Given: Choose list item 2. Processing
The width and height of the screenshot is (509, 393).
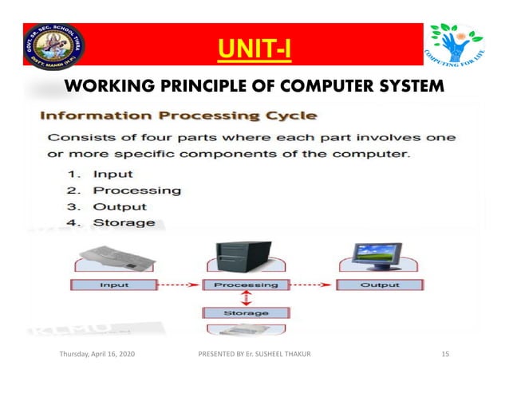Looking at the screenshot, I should pos(124,191).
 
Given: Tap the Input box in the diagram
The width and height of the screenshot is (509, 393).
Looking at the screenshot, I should pos(114,285).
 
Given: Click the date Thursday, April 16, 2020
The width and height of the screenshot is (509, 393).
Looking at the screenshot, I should pos(97,364).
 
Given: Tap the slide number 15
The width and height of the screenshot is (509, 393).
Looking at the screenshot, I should pos(447,364).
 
